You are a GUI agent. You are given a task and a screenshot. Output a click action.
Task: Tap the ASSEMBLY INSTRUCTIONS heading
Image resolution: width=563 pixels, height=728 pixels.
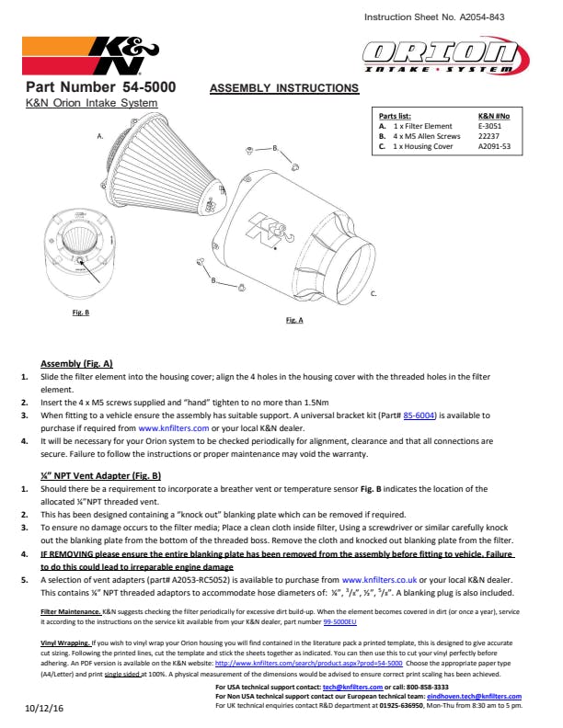[284, 88]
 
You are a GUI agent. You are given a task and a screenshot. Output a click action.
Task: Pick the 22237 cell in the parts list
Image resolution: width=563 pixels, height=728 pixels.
[489, 136]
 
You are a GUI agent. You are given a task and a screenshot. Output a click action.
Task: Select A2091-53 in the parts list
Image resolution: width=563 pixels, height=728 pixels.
[495, 146]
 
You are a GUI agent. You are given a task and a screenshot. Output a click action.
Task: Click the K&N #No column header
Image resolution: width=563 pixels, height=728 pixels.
[494, 117]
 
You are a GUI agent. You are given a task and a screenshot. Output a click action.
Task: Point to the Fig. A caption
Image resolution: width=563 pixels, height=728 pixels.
[294, 321]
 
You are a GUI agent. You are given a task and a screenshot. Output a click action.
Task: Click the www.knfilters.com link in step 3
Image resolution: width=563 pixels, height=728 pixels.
[174, 428]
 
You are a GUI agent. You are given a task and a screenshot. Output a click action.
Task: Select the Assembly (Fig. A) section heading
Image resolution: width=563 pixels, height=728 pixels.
[76, 364]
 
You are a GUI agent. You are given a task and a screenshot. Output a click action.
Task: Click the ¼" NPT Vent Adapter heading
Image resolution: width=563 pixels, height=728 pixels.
[101, 476]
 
